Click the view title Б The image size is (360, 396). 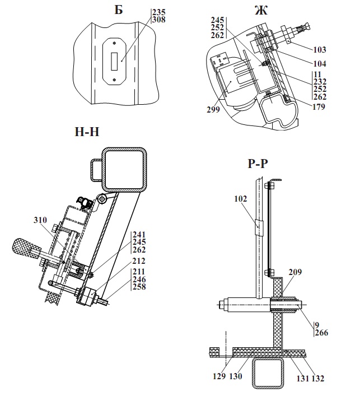[x=119, y=10]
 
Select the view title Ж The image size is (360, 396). [x=261, y=10]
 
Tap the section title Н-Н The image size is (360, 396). [x=87, y=132]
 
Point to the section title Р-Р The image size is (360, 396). [x=258, y=164]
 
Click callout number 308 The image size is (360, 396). [x=159, y=20]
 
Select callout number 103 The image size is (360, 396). [x=320, y=49]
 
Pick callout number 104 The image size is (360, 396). [x=320, y=63]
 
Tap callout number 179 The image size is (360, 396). [x=319, y=106]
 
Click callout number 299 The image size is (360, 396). [x=213, y=110]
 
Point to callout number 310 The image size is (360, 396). [x=40, y=220]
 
